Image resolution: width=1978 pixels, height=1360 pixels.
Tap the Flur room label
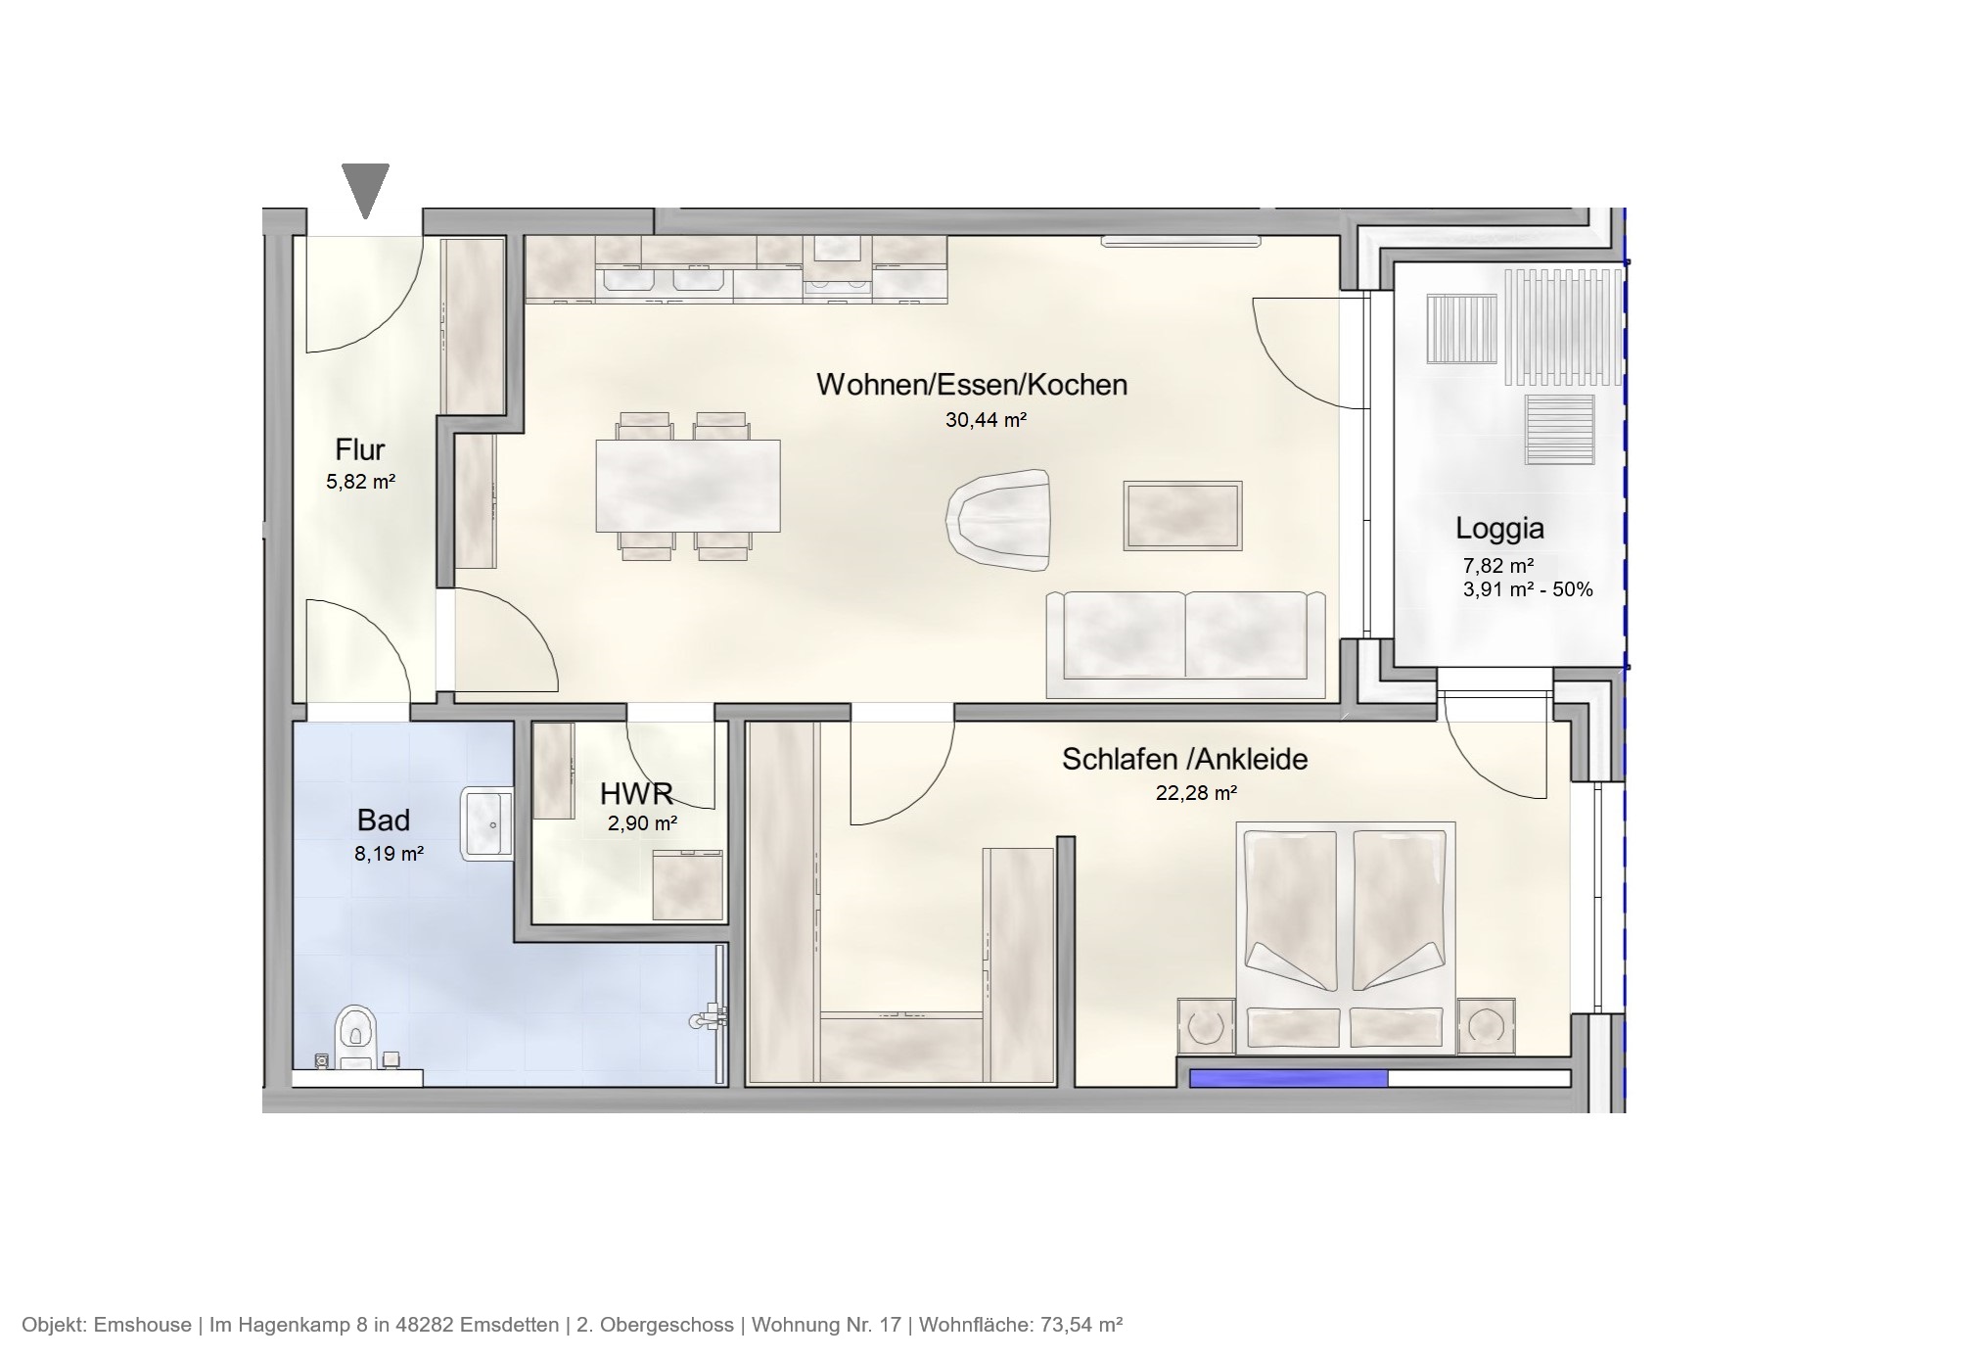tap(359, 449)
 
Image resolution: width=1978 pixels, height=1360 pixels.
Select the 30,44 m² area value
tap(985, 420)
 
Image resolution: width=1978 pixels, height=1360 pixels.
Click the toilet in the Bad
tap(355, 1036)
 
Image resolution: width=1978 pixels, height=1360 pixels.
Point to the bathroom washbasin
tap(486, 823)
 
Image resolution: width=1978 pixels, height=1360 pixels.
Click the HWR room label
tap(635, 793)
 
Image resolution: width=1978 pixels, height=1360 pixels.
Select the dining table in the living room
tap(687, 486)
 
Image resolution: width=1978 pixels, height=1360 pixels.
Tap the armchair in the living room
tap(997, 516)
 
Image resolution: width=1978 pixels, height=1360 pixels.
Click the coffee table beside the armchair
tap(1182, 515)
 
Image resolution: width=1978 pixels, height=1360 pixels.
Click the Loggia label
tap(1498, 529)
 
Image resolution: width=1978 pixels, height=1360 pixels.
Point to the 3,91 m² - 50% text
tap(1527, 589)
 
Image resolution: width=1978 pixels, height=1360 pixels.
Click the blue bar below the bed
tap(1288, 1079)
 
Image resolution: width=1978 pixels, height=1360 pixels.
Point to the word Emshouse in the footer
tap(142, 1325)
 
